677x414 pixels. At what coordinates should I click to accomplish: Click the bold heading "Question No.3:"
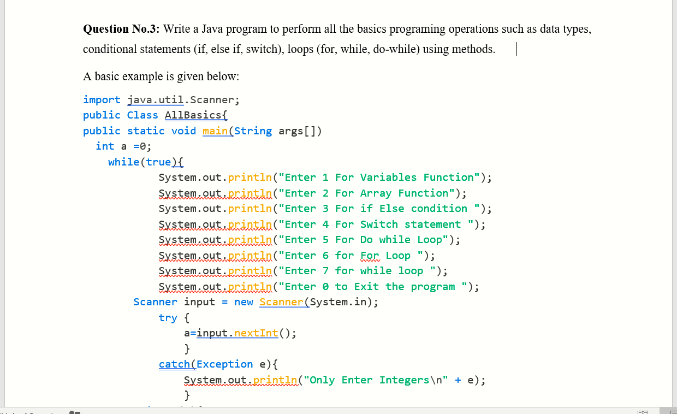[121, 29]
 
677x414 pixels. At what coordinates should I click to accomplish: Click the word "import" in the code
[102, 100]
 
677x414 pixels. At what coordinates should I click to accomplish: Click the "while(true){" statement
[146, 162]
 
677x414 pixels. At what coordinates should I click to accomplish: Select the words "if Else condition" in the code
[413, 209]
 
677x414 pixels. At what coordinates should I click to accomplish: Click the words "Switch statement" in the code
[410, 224]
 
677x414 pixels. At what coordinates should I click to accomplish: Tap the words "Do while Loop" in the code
[403, 240]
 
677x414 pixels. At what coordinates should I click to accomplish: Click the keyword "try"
[168, 318]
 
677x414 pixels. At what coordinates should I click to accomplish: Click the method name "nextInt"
[256, 334]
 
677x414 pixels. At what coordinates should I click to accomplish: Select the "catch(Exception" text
[206, 364]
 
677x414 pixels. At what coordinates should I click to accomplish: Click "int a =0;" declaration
[123, 146]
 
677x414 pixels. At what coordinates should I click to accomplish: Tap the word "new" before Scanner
[244, 302]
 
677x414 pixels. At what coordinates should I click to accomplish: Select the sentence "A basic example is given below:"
[161, 76]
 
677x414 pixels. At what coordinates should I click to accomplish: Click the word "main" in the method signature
[215, 131]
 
